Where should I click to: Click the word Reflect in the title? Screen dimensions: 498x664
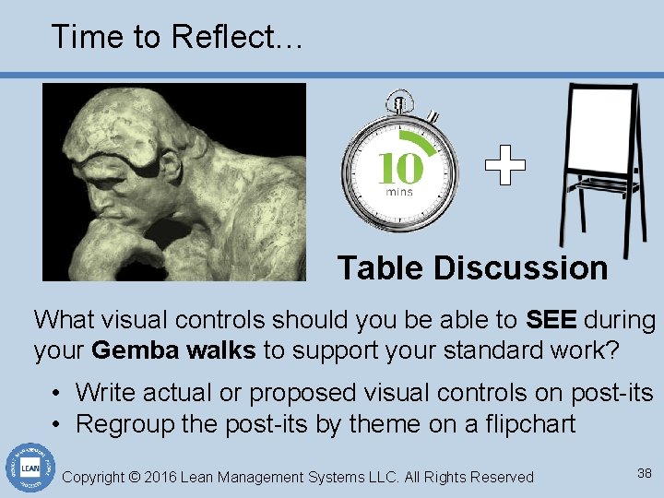[x=224, y=37]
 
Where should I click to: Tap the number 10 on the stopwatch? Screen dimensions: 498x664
[x=400, y=169]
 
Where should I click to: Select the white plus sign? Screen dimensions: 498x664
[x=505, y=166]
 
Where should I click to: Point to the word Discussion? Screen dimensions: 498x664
[x=521, y=268]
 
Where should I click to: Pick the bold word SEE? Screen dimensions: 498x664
[x=551, y=320]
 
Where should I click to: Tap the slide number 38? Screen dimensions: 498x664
[x=645, y=473]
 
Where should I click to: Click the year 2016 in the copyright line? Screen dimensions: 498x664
[x=162, y=477]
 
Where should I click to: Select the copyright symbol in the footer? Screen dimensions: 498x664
[x=135, y=477]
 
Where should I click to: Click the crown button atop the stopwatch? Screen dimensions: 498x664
[x=399, y=99]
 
